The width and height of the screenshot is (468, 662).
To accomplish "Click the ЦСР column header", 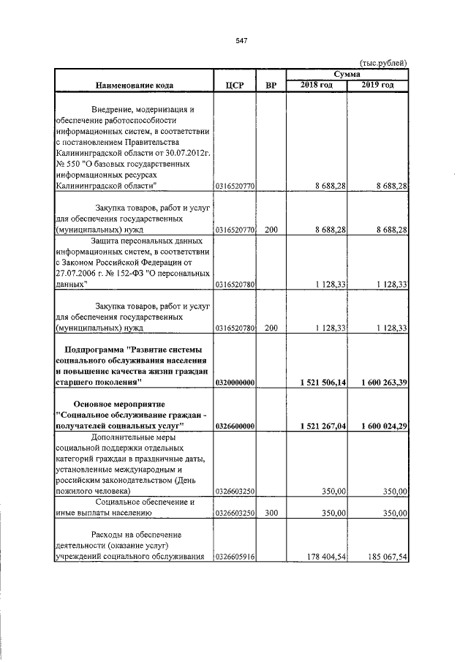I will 234,86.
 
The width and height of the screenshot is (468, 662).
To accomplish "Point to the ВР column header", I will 271,86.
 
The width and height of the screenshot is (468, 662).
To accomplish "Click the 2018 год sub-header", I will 317,86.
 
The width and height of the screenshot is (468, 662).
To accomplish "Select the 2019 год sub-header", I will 378,86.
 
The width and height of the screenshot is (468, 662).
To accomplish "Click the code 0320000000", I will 234,383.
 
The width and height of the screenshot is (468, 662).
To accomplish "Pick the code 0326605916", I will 234,557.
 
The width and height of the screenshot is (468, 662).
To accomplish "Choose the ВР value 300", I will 271,514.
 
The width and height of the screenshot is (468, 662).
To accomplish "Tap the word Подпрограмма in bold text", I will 97,348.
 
